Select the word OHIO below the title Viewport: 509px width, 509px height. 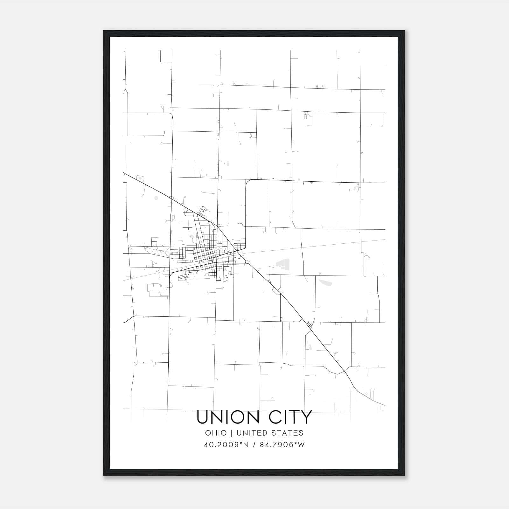click(x=216, y=433)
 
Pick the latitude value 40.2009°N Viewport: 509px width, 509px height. click(x=224, y=445)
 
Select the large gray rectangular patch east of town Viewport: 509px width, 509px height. click(x=283, y=263)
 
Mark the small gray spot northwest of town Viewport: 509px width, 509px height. click(x=156, y=198)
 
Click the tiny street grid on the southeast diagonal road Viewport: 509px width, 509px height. click(x=310, y=325)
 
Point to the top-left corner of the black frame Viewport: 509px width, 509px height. click(x=104, y=31)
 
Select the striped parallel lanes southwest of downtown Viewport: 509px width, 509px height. click(x=182, y=277)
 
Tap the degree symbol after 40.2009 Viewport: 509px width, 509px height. click(x=239, y=443)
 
